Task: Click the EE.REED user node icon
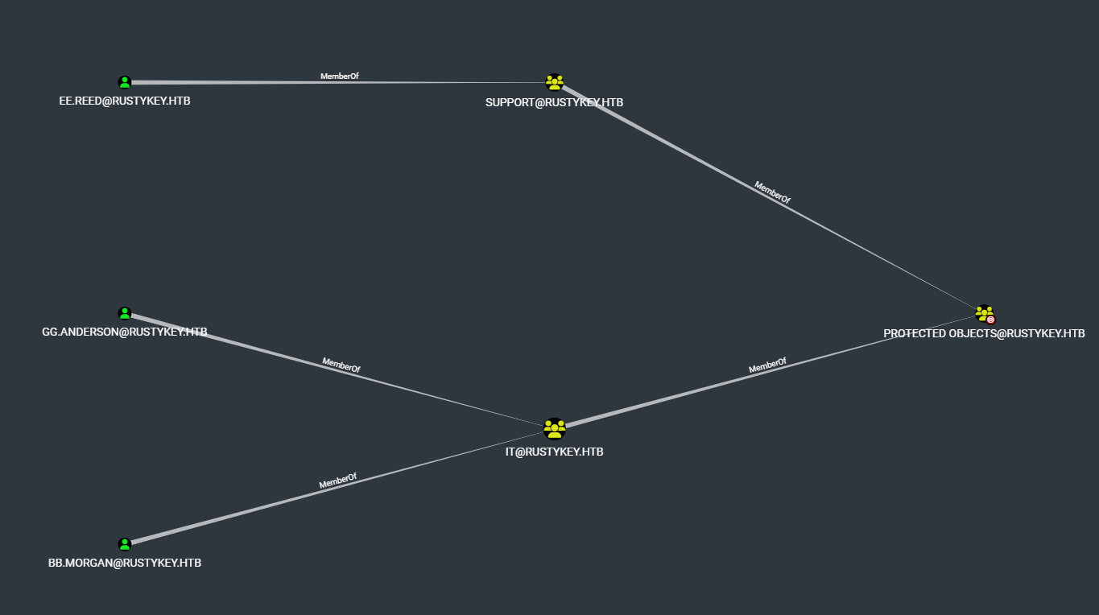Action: click(x=125, y=82)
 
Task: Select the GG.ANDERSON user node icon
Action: click(x=125, y=313)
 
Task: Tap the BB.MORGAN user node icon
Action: click(x=125, y=544)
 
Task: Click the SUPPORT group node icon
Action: click(x=554, y=82)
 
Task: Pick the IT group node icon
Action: click(x=554, y=428)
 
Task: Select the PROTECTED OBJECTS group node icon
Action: click(x=984, y=313)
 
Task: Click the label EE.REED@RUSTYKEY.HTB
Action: click(x=125, y=101)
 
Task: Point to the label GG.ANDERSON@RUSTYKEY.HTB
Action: click(x=125, y=332)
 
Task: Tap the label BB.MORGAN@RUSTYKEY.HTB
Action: click(x=125, y=563)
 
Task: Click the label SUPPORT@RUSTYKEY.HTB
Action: click(x=554, y=102)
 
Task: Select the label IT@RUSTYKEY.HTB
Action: click(x=554, y=452)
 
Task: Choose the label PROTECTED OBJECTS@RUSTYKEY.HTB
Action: click(x=984, y=333)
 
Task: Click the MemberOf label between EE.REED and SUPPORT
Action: click(x=339, y=76)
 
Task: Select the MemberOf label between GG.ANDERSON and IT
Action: click(x=341, y=365)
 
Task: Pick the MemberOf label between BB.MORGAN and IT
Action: click(x=337, y=481)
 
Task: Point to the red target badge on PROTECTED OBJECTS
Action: click(x=990, y=320)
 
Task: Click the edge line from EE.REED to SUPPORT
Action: click(x=242, y=82)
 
